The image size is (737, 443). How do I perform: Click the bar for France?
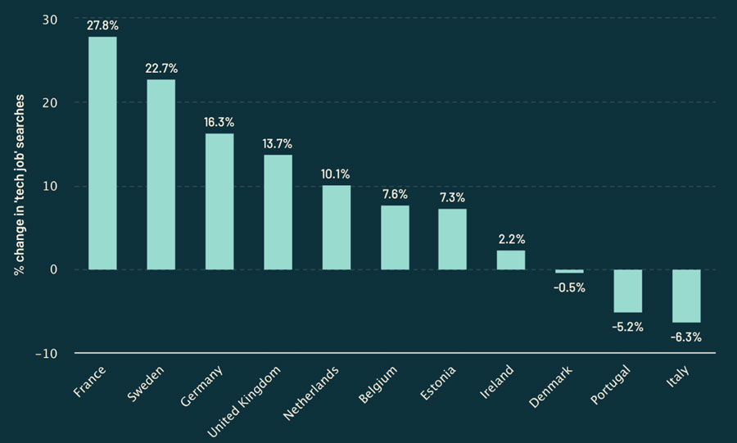coord(102,153)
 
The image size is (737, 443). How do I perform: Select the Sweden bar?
coord(161,174)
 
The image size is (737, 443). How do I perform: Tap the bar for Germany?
coord(219,201)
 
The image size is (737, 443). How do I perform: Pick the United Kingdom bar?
coord(278,212)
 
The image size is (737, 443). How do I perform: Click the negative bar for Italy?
coord(686,296)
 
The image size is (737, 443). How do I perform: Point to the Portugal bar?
coord(628,291)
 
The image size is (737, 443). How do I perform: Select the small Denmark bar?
coord(569,271)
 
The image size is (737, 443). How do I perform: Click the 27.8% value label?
coord(102,25)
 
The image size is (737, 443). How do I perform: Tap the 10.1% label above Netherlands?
coord(336,174)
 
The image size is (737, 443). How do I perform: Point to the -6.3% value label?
coord(686,337)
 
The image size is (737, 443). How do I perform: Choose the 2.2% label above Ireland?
coord(511,239)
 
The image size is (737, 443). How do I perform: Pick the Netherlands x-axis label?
coord(312,394)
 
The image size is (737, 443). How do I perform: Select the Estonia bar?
coord(452,239)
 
